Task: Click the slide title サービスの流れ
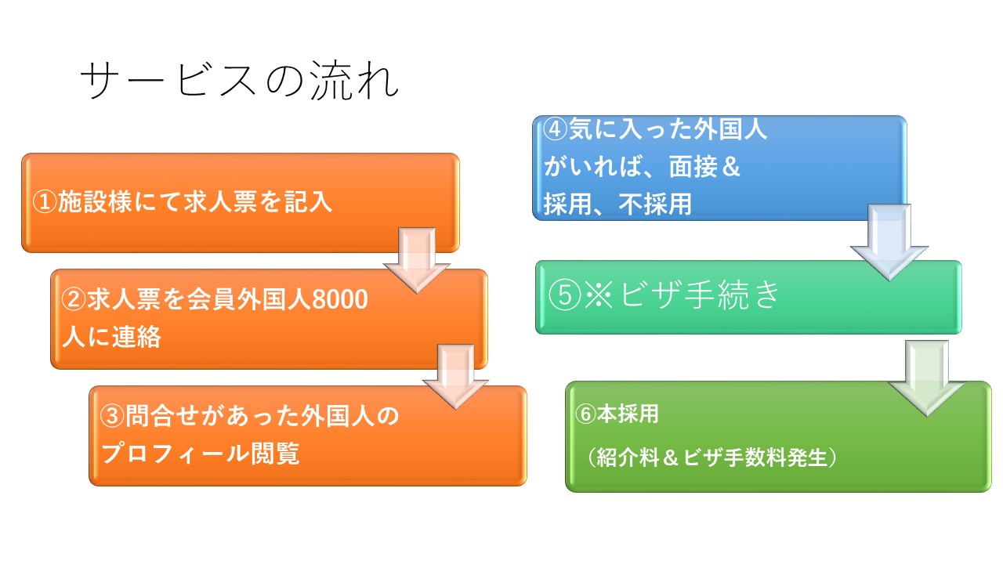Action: tap(240, 81)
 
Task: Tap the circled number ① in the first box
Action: tap(45, 202)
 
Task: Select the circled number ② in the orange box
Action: tap(74, 299)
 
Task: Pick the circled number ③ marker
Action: tap(112, 416)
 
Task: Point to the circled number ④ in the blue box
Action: tap(556, 129)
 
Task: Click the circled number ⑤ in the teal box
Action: tap(565, 295)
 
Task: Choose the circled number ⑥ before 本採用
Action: tap(586, 414)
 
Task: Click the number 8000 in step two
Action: tap(340, 299)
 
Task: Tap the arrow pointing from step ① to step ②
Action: tap(417, 260)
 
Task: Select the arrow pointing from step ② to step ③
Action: tap(456, 377)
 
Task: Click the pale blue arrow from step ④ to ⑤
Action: tap(889, 242)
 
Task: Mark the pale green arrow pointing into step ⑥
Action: tap(926, 378)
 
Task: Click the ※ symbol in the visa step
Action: tap(599, 295)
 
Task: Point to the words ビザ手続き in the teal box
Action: tap(700, 295)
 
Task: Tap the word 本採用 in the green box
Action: tap(628, 414)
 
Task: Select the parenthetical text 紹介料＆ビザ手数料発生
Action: tap(712, 457)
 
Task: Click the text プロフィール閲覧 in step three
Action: tap(201, 454)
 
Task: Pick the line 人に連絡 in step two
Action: tap(111, 337)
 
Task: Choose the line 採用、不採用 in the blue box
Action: tap(618, 204)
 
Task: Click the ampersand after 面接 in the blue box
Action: tap(731, 167)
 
